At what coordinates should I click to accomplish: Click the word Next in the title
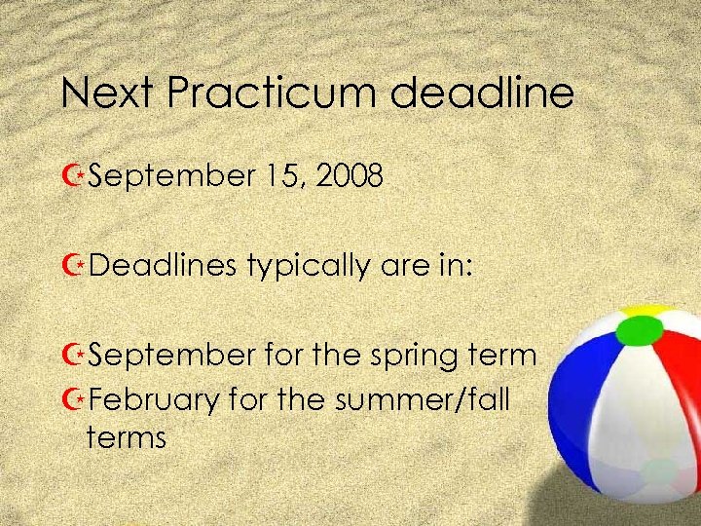[x=105, y=94]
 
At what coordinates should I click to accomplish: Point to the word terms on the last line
[x=126, y=437]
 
